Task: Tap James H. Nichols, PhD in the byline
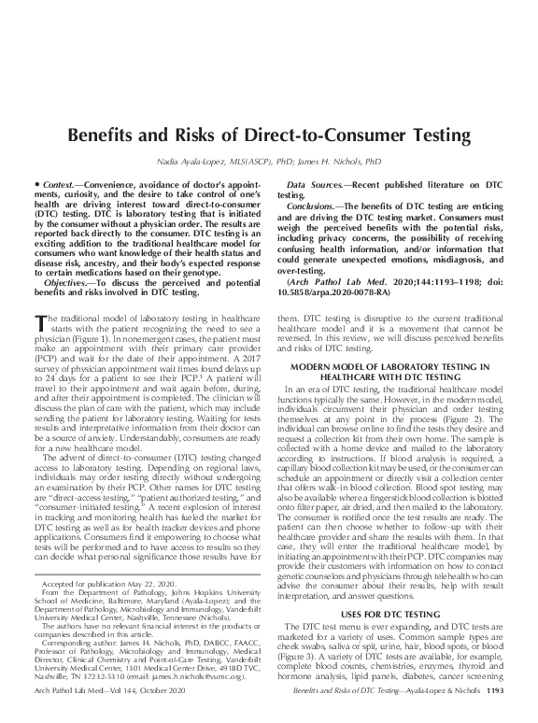click(x=330, y=163)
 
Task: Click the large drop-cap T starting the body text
click(x=40, y=324)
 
